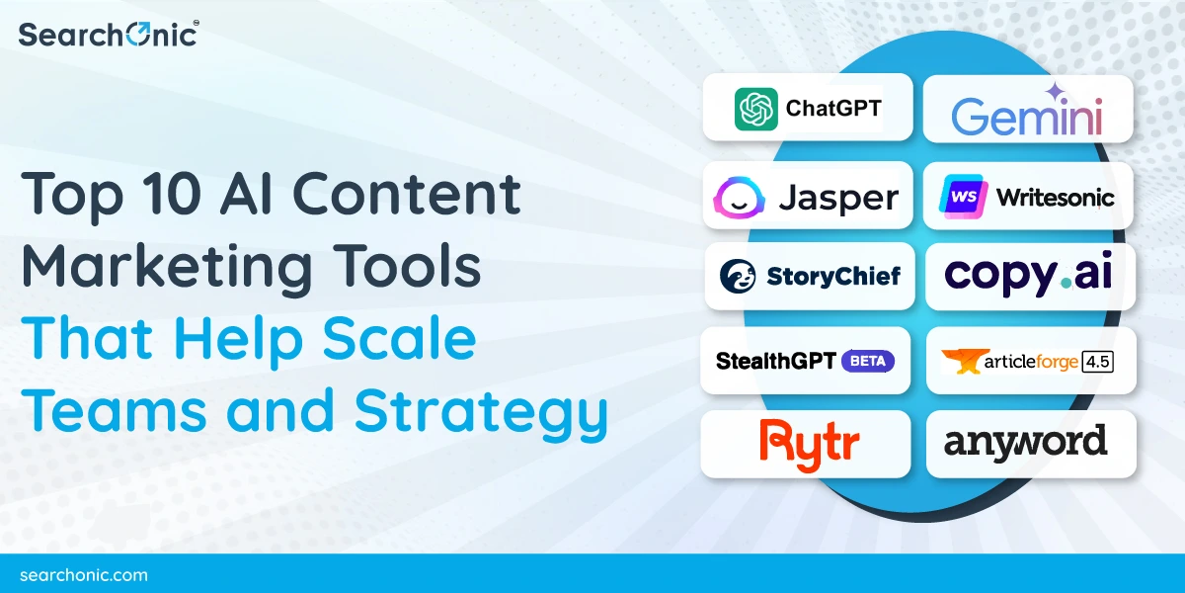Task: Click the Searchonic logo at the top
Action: point(108,34)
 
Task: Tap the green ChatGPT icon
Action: point(755,108)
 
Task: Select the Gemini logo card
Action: point(1027,109)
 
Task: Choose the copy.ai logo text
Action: point(1028,276)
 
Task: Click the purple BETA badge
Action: point(868,361)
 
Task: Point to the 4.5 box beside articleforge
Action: point(1097,361)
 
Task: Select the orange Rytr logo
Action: point(805,443)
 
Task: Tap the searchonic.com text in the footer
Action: point(83,574)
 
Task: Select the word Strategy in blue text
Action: point(482,411)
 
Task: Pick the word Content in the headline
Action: point(408,193)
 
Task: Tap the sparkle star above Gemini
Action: point(1054,92)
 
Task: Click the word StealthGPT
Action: point(775,361)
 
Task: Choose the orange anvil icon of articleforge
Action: point(960,362)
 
